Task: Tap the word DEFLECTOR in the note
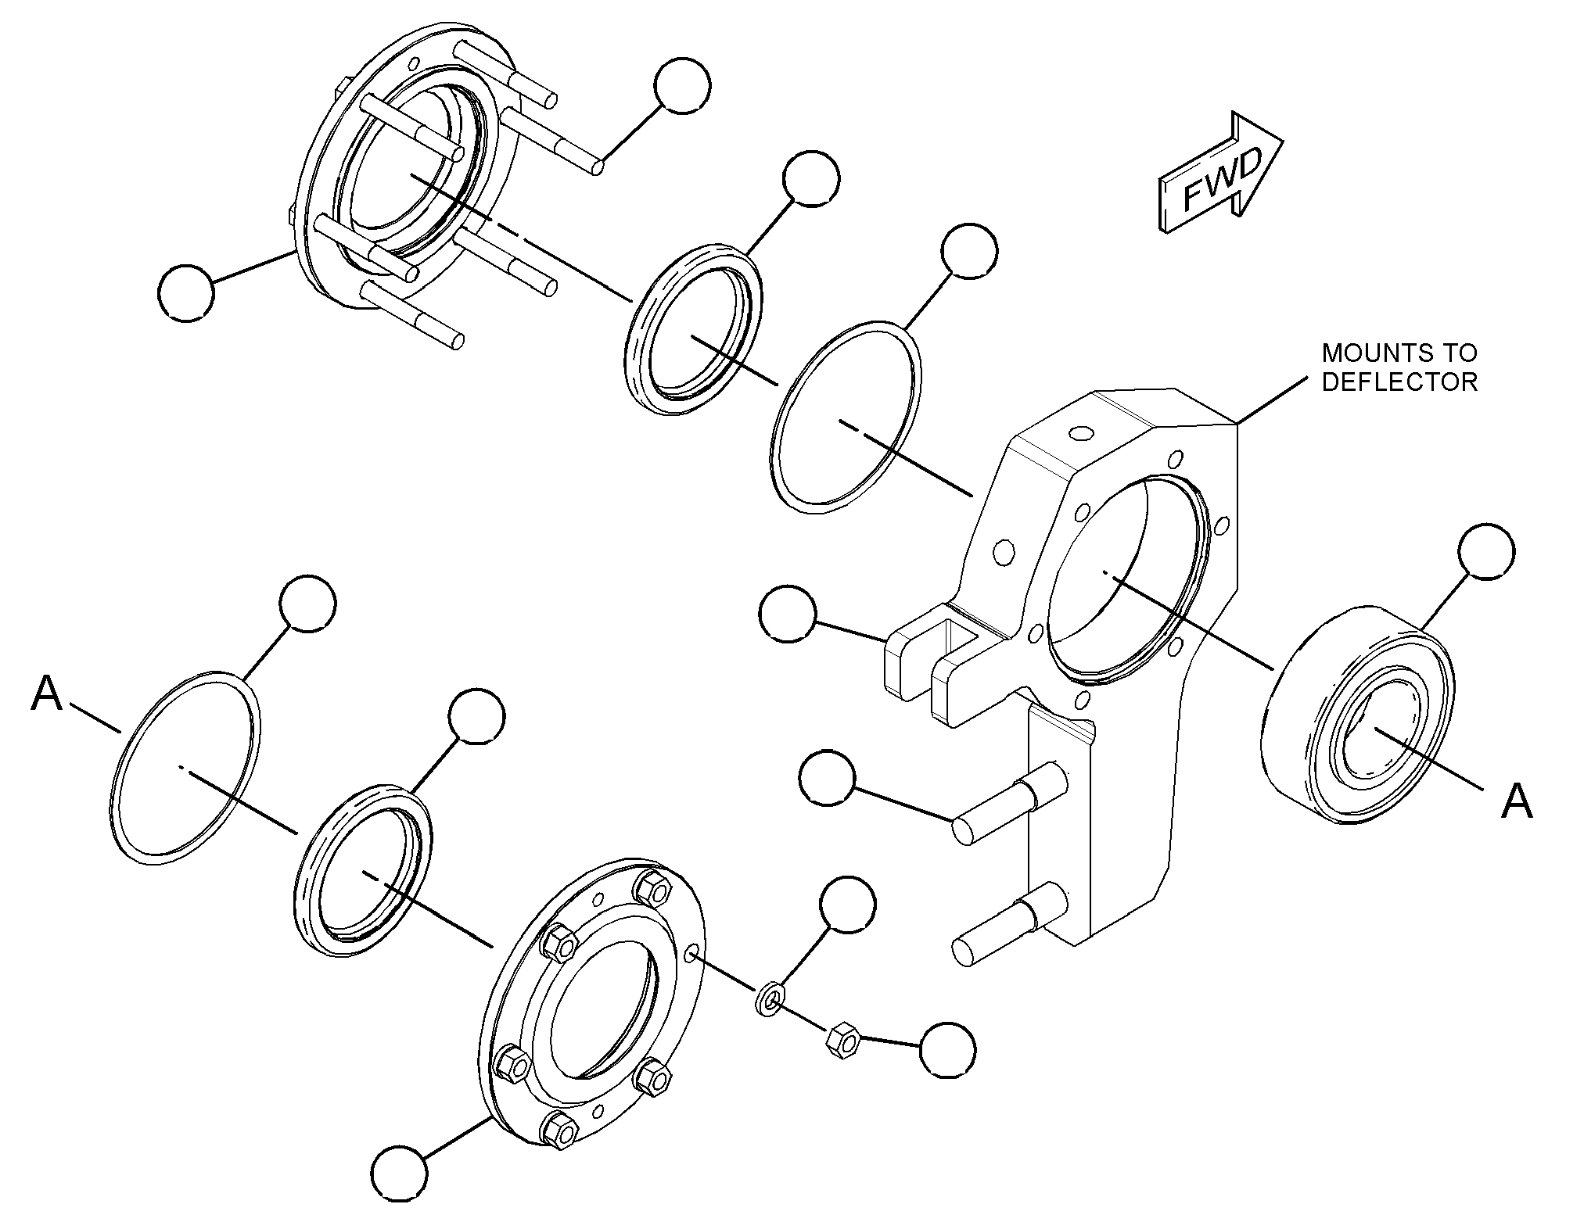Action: [x=1399, y=382]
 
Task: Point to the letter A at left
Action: [x=46, y=694]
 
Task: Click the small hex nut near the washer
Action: [x=843, y=1041]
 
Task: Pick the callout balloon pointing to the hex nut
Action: [x=948, y=1050]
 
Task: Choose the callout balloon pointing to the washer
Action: [x=848, y=904]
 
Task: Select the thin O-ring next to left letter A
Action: [x=186, y=767]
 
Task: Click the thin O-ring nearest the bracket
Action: [x=847, y=417]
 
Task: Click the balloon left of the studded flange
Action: [x=185, y=292]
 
